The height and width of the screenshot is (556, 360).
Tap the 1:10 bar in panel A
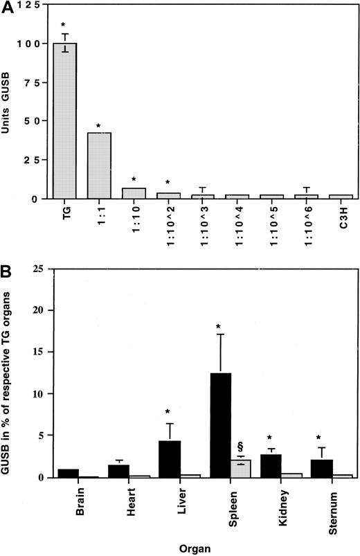point(139,193)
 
